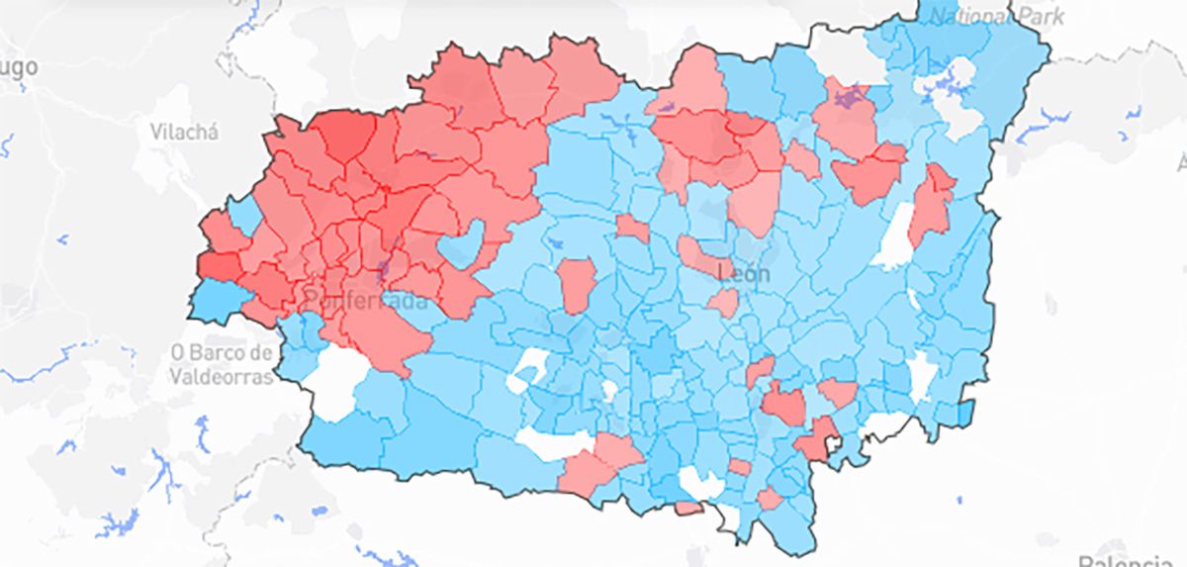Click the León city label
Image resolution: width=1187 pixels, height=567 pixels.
742,274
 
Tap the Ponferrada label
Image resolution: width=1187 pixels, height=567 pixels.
365,299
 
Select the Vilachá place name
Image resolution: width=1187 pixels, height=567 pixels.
185,131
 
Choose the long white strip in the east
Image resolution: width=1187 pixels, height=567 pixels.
895,236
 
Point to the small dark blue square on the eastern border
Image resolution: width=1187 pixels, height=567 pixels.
966,409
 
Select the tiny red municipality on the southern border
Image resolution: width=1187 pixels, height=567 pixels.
688,508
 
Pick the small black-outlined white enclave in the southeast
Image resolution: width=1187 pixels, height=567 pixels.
831,446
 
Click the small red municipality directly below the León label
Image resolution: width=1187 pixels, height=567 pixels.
723,303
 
